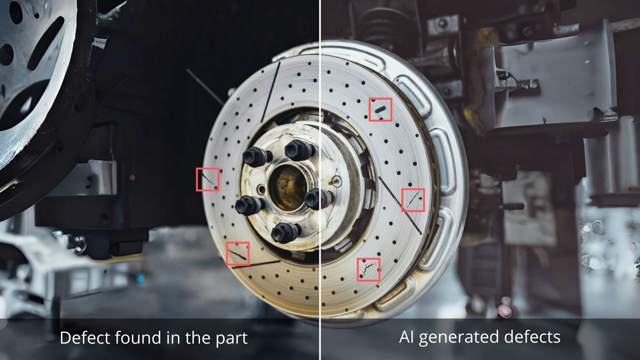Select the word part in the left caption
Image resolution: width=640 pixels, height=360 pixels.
(232, 340)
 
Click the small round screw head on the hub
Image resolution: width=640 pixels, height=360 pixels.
(336, 181)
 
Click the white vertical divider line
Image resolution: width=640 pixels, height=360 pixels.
(320, 180)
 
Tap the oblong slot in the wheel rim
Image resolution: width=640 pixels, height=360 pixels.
(46, 43)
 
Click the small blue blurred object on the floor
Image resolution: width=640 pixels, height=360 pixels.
(140, 278)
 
